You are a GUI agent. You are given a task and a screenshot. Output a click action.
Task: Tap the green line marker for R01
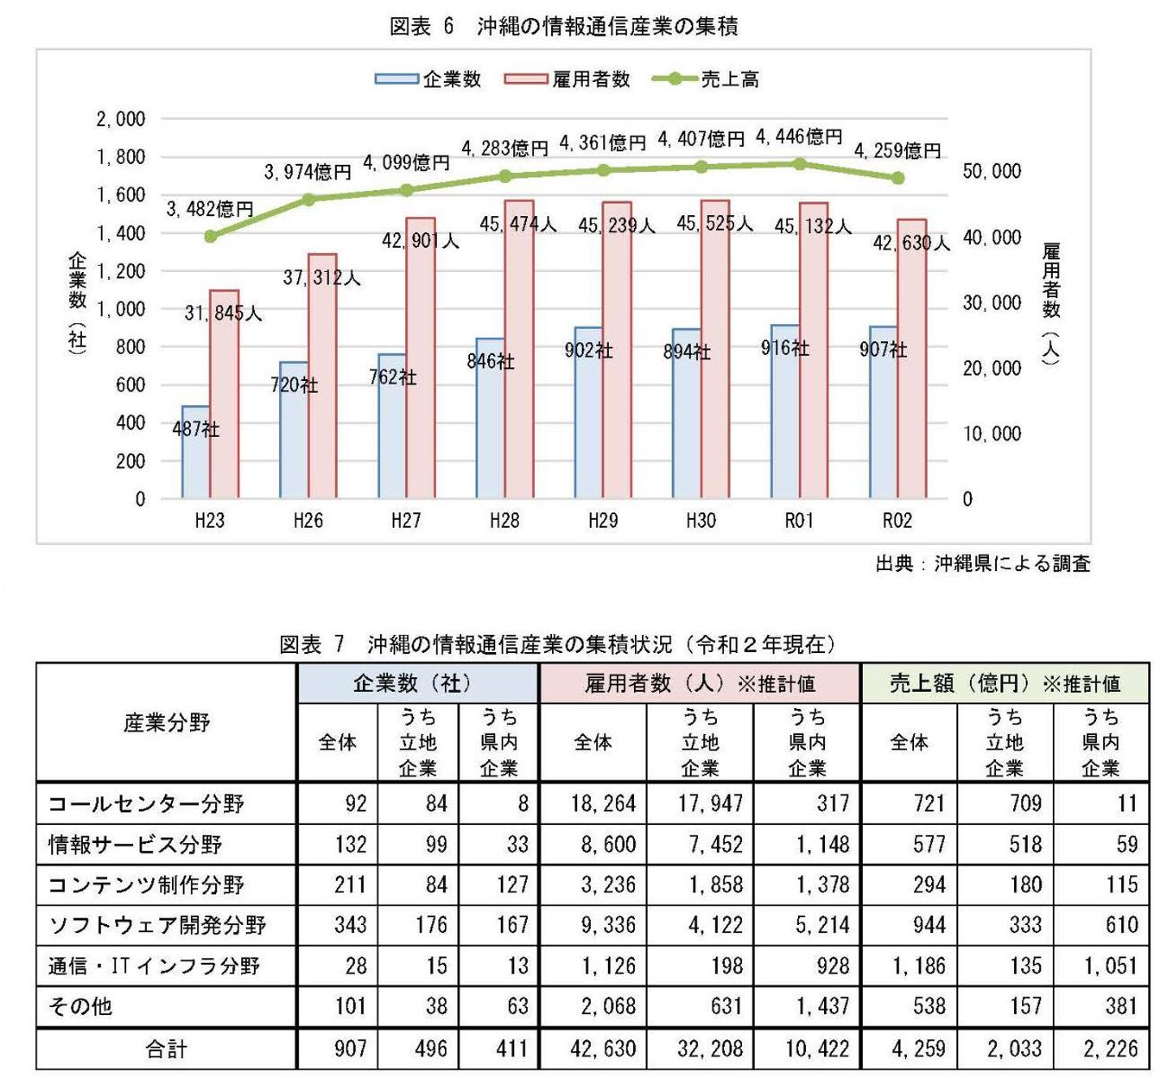pyautogui.click(x=800, y=164)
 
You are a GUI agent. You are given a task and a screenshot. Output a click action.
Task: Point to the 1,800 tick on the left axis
pyautogui.click(x=120, y=157)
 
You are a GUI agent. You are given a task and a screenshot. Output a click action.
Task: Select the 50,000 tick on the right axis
pyautogui.click(x=991, y=171)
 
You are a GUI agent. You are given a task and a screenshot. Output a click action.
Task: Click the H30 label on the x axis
pyautogui.click(x=701, y=521)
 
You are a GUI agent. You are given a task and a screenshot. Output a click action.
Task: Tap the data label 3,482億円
pyautogui.click(x=209, y=209)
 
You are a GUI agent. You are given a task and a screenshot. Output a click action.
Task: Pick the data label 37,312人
pyautogui.click(x=321, y=278)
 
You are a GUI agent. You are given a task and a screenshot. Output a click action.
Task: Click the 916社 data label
pyautogui.click(x=784, y=348)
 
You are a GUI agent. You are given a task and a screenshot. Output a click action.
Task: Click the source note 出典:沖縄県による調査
pyautogui.click(x=982, y=564)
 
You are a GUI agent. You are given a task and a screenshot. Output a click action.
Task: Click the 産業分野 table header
pyautogui.click(x=166, y=722)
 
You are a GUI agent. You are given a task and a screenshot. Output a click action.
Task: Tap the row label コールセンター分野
pyautogui.click(x=146, y=804)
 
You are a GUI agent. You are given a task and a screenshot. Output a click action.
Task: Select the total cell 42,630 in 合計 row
pyautogui.click(x=602, y=1049)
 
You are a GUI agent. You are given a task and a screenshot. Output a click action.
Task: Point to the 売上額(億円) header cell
pyautogui.click(x=1004, y=684)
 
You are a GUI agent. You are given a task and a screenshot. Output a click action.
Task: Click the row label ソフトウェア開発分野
pyautogui.click(x=157, y=925)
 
